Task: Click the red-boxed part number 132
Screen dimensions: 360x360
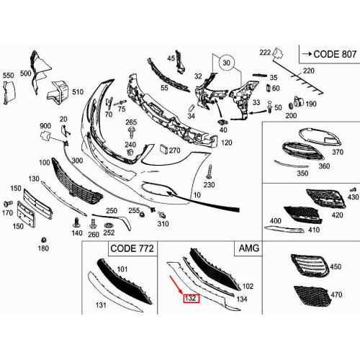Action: (x=192, y=298)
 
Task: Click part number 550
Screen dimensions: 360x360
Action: (x=9, y=75)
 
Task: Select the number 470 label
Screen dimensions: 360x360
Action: (x=336, y=294)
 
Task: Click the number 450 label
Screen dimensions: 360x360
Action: (x=336, y=267)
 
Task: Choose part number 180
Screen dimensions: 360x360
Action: (x=43, y=248)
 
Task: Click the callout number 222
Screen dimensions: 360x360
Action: (x=265, y=52)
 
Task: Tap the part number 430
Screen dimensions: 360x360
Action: (x=352, y=197)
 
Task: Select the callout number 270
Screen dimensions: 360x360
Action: (x=174, y=149)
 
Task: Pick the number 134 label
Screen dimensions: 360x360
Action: (x=242, y=298)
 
